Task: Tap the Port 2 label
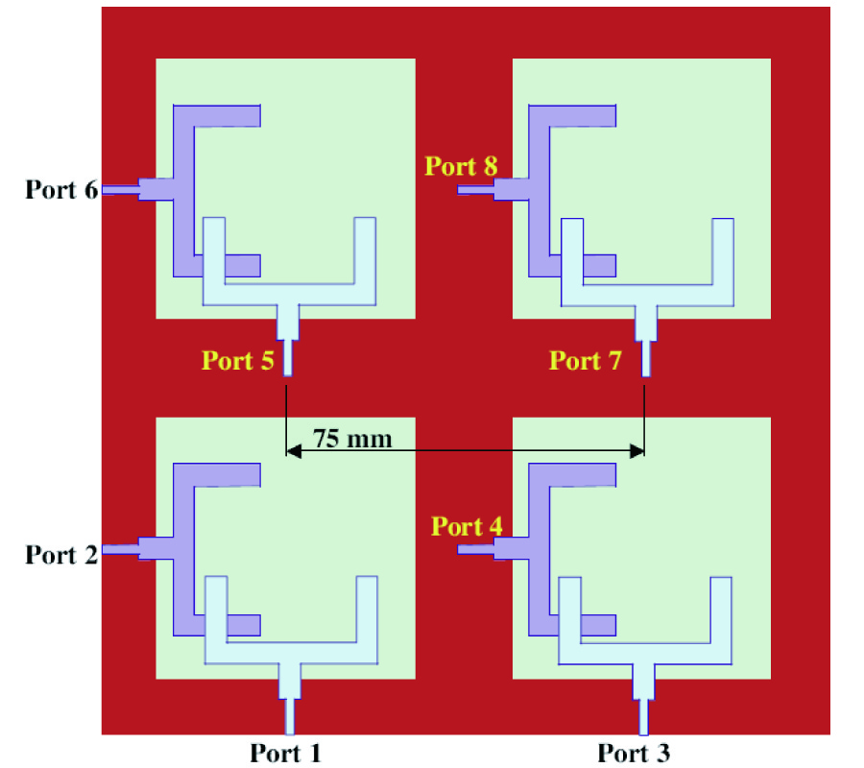[61, 554]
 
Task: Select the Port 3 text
[634, 753]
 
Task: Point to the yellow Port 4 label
[467, 526]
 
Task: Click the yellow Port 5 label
[237, 360]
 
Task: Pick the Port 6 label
[61, 189]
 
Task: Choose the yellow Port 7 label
[586, 360]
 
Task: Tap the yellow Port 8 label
[461, 165]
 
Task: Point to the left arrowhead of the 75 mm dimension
[294, 451]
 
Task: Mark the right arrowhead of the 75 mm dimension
[636, 451]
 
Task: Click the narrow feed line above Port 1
[290, 715]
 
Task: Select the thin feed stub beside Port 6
[120, 190]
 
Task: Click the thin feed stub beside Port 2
[120, 549]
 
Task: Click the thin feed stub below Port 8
[475, 190]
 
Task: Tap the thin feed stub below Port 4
[475, 549]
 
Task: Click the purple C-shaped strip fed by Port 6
[183, 192]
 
